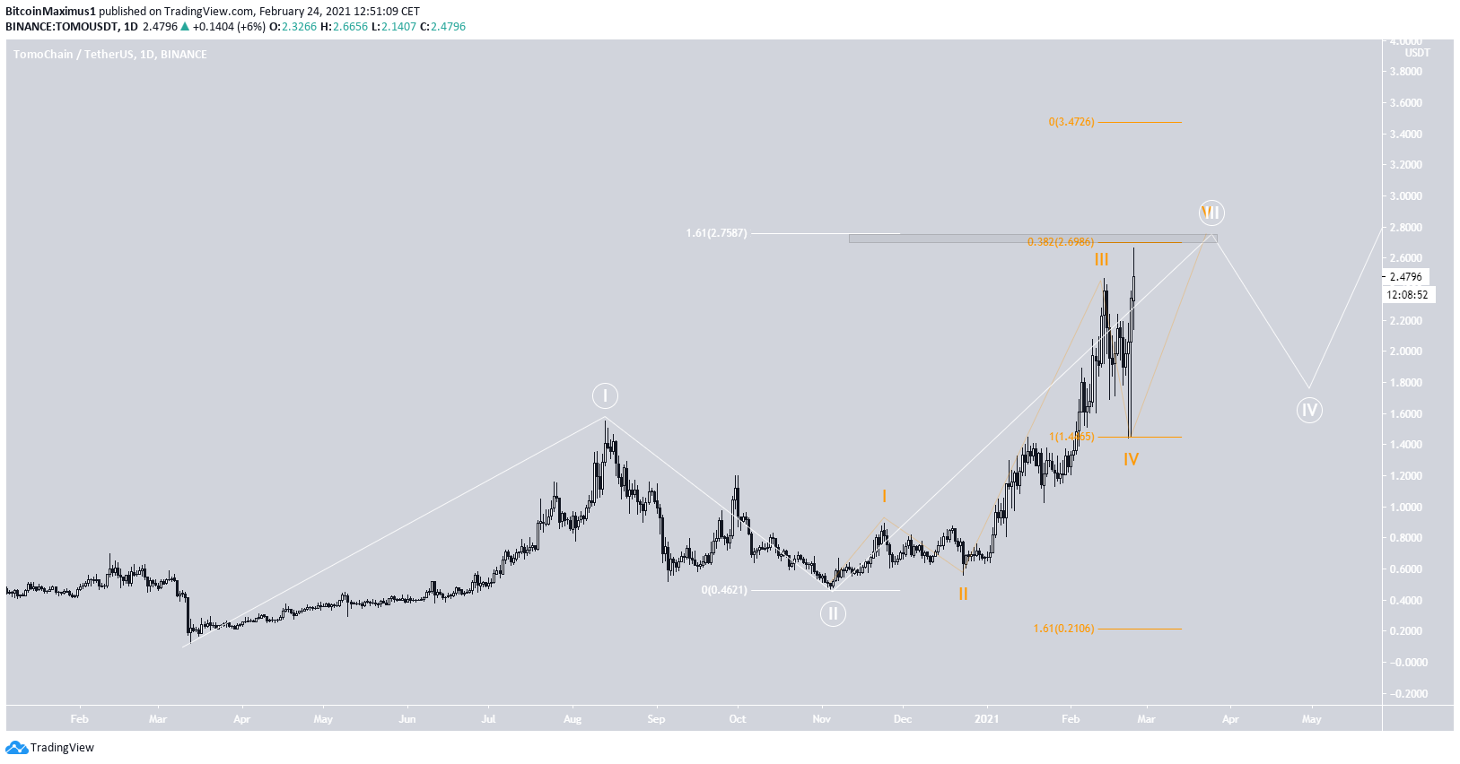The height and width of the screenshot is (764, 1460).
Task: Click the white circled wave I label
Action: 605,395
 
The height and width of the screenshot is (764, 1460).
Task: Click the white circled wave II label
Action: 833,613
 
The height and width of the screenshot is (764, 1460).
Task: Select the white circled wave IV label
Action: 1309,411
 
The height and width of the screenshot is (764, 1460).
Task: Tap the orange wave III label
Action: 1101,259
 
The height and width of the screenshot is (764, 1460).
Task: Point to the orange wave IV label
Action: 1131,459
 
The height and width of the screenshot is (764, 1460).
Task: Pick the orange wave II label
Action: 963,594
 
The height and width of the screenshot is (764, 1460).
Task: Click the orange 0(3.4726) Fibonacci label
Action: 1071,122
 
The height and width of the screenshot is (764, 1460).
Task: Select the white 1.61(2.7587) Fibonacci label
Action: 716,233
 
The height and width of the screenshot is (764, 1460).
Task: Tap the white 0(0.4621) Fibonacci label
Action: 724,590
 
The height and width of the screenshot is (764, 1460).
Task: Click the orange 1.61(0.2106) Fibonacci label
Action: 1063,629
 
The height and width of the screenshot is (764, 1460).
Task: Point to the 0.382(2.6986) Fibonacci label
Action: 1060,242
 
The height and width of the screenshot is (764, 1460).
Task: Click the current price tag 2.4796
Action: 1406,277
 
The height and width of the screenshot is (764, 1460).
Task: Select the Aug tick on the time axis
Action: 573,719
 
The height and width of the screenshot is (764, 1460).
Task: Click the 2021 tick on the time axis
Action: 987,719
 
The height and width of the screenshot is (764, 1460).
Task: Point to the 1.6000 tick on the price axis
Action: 1405,414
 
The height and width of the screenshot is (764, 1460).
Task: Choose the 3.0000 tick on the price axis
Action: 1405,196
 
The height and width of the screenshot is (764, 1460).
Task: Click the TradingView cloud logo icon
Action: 16,748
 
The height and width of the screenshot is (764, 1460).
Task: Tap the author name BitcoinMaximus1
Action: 50,12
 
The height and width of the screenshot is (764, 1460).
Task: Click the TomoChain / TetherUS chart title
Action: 109,55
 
